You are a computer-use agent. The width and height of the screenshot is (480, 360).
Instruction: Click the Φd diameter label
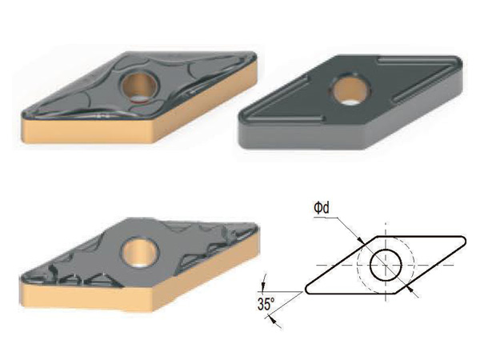click(322, 208)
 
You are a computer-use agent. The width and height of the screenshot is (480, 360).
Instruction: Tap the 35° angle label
click(266, 304)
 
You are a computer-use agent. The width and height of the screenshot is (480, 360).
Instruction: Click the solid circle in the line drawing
click(386, 265)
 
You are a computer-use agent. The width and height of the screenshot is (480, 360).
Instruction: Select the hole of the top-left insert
click(140, 86)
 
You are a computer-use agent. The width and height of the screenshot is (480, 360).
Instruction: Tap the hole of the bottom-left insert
click(141, 252)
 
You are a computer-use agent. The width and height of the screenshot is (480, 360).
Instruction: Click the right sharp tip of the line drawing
click(465, 240)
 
